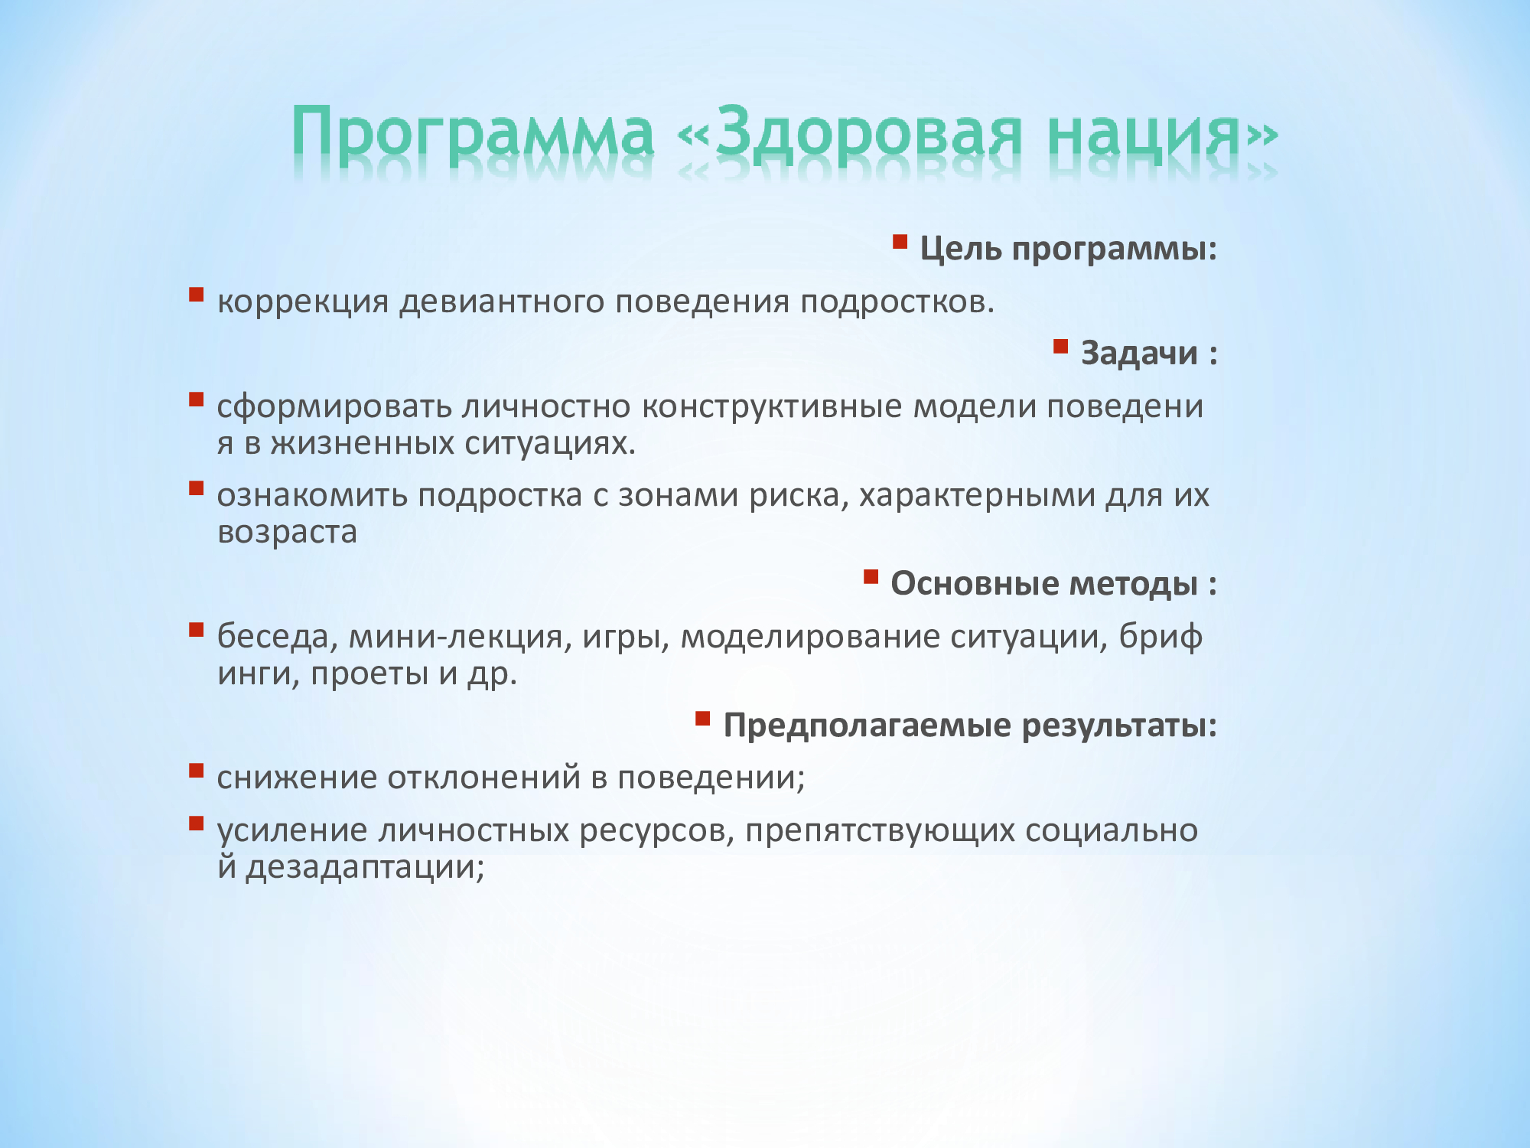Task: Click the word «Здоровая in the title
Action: pos(850,133)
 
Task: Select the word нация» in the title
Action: pos(1162,135)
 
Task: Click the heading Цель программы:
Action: pos(1068,249)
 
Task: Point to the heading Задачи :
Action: pos(1148,353)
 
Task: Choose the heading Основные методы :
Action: pos(1053,583)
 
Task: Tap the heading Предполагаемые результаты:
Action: pos(970,725)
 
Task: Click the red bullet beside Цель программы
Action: pos(900,243)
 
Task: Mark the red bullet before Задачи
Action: pos(1060,347)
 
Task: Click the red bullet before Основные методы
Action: pos(871,577)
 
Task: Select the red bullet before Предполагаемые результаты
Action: pos(703,719)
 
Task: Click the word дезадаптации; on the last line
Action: pos(365,867)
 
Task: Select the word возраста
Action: pos(287,532)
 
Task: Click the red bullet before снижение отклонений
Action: pos(197,771)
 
